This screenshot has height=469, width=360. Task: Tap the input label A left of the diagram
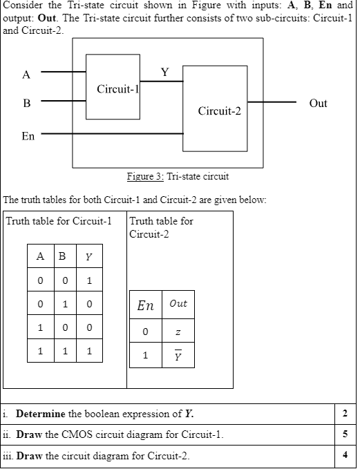[26, 75]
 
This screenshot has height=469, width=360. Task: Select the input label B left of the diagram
[26, 104]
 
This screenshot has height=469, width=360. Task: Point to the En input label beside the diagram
[28, 136]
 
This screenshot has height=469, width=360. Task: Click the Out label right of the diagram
[318, 104]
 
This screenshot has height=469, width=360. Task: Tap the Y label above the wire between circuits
[164, 72]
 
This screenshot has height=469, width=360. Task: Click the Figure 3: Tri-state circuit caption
[178, 176]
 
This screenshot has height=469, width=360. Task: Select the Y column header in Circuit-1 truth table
[88, 258]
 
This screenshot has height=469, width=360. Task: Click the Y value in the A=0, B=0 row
[88, 280]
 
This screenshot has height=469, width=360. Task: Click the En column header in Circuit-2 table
[145, 305]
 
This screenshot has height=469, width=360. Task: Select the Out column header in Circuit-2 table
[178, 305]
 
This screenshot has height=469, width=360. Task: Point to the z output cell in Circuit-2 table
[178, 333]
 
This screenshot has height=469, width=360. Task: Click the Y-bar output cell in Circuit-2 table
[178, 357]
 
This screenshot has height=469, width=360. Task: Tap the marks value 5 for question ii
[345, 435]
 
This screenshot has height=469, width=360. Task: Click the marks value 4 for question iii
[345, 456]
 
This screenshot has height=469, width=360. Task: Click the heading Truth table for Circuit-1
[58, 222]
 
